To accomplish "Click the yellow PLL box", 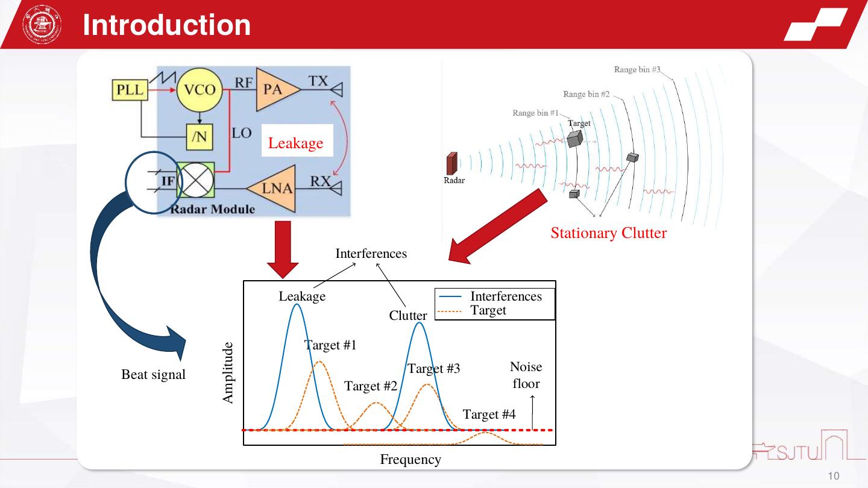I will [x=130, y=90].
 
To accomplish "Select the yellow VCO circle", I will [x=200, y=90].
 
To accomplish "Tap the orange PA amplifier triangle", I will [x=275, y=89].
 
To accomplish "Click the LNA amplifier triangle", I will [x=276, y=189].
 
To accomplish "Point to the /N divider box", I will [x=198, y=138].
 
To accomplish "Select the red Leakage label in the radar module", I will [x=296, y=143].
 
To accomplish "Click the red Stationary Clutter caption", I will [x=608, y=233].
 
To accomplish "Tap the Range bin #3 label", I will [x=637, y=70].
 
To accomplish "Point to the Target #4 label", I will [x=489, y=414].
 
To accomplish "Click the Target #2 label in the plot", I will [x=371, y=386].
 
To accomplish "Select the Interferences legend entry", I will [x=506, y=296].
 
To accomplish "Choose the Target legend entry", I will [x=488, y=310].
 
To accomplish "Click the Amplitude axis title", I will [x=227, y=373].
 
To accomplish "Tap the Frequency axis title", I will [x=410, y=460].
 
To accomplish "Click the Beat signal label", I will [x=154, y=375].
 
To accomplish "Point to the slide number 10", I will [x=834, y=477].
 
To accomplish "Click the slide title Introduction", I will [x=166, y=25].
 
